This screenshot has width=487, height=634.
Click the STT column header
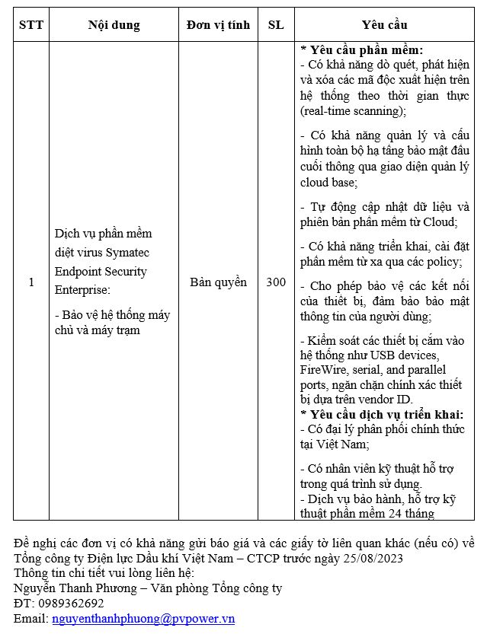pyautogui.click(x=31, y=25)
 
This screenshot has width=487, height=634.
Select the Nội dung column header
pyautogui.click(x=114, y=25)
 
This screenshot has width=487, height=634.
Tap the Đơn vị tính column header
pyautogui.click(x=218, y=25)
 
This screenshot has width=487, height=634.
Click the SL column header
pyautogui.click(x=276, y=25)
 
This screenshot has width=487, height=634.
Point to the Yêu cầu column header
pyautogui.click(x=386, y=25)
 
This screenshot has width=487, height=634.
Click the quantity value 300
pyautogui.click(x=276, y=282)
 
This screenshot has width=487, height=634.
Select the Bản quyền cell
pyautogui.click(x=218, y=282)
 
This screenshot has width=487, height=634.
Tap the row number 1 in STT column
pyautogui.click(x=31, y=282)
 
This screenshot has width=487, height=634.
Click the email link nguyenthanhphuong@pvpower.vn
pyautogui.click(x=143, y=619)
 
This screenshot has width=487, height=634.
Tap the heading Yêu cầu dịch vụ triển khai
pyautogui.click(x=382, y=415)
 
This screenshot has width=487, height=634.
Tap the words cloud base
pyautogui.click(x=328, y=183)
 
